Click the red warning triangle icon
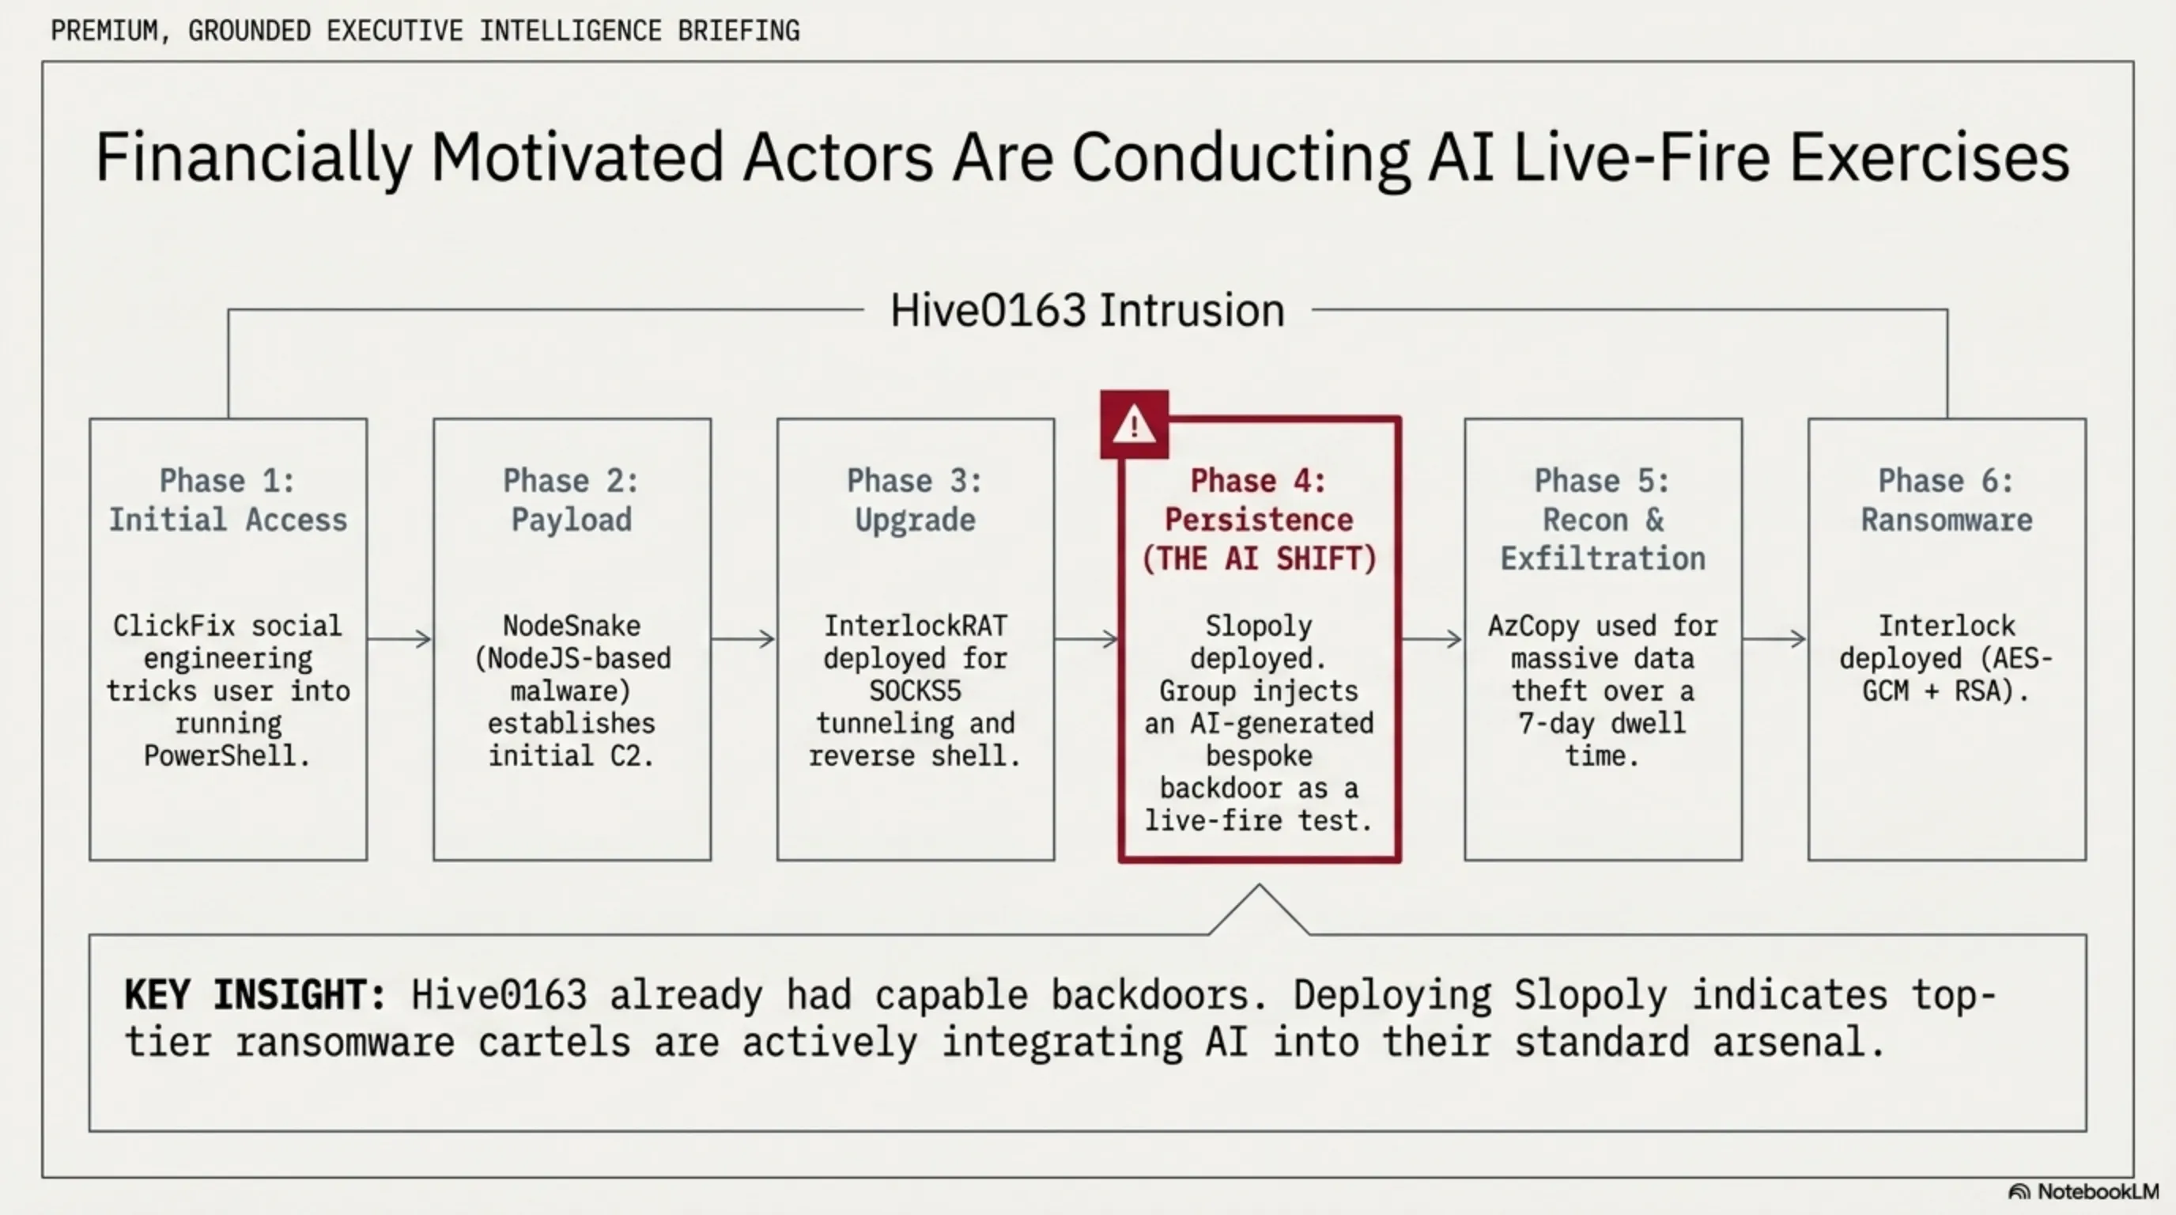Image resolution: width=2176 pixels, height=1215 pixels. [1135, 424]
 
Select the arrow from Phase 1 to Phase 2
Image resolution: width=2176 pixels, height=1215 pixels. [399, 639]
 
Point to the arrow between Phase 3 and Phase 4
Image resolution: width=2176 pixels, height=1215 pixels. [1086, 639]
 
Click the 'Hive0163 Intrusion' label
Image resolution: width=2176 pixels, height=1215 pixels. [1088, 310]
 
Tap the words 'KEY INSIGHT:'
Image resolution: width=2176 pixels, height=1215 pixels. [255, 995]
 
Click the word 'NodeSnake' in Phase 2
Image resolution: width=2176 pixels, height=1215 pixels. [572, 626]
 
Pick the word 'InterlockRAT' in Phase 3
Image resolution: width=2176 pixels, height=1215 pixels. [916, 626]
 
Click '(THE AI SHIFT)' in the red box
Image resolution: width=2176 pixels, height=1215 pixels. [1260, 558]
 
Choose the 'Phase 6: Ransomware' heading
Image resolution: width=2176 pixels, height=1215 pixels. [1947, 500]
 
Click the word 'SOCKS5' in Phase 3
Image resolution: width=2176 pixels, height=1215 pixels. [916, 691]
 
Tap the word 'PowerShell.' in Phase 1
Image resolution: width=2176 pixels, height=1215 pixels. [227, 755]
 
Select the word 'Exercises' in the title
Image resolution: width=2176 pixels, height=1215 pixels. [1930, 157]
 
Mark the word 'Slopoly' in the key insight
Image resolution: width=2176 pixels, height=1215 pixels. [1591, 995]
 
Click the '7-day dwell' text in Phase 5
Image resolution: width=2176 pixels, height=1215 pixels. [1603, 723]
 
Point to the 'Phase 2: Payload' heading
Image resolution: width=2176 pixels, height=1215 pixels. [572, 500]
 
